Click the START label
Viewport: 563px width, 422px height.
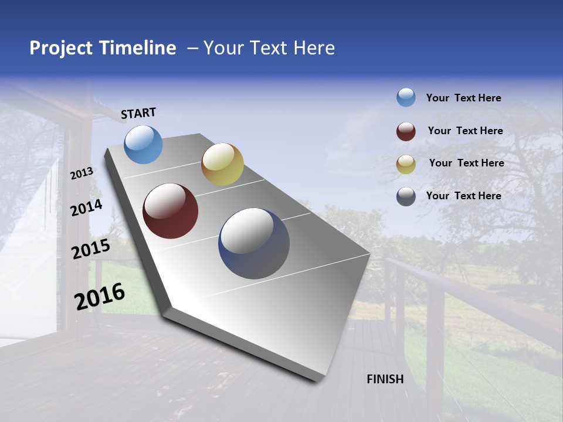[x=138, y=113]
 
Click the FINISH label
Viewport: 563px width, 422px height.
[x=385, y=379]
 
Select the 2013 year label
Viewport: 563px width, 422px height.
[x=82, y=173]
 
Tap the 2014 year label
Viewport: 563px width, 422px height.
[x=86, y=207]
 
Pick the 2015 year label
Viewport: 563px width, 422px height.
[x=91, y=249]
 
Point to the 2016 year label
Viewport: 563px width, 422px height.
[x=100, y=296]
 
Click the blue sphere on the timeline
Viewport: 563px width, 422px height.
[x=144, y=144]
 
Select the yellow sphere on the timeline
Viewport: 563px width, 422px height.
[x=222, y=164]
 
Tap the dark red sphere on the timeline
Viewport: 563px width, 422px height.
[x=171, y=211]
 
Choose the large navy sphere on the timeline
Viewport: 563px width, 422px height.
[x=254, y=243]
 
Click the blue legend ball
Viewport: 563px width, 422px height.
[x=406, y=97]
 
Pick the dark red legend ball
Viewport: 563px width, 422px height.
[x=406, y=131]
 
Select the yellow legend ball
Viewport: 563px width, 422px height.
[x=406, y=165]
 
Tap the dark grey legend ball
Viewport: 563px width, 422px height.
[x=406, y=196]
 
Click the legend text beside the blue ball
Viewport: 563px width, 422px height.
[x=463, y=98]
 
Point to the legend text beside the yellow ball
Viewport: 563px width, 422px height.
[x=466, y=163]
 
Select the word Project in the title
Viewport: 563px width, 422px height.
[x=61, y=48]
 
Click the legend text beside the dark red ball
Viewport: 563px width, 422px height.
[x=465, y=131]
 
